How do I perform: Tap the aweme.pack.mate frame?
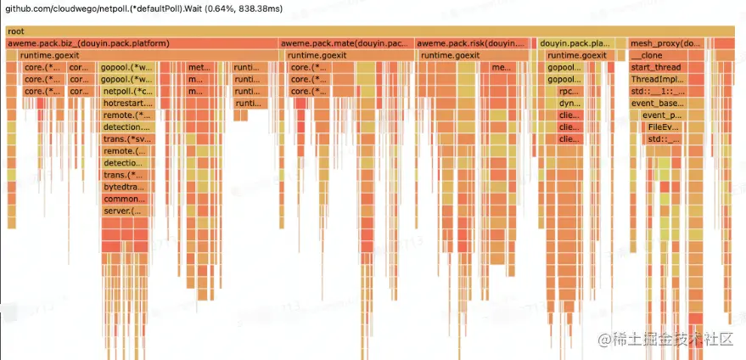345,43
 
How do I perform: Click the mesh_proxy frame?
666,43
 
